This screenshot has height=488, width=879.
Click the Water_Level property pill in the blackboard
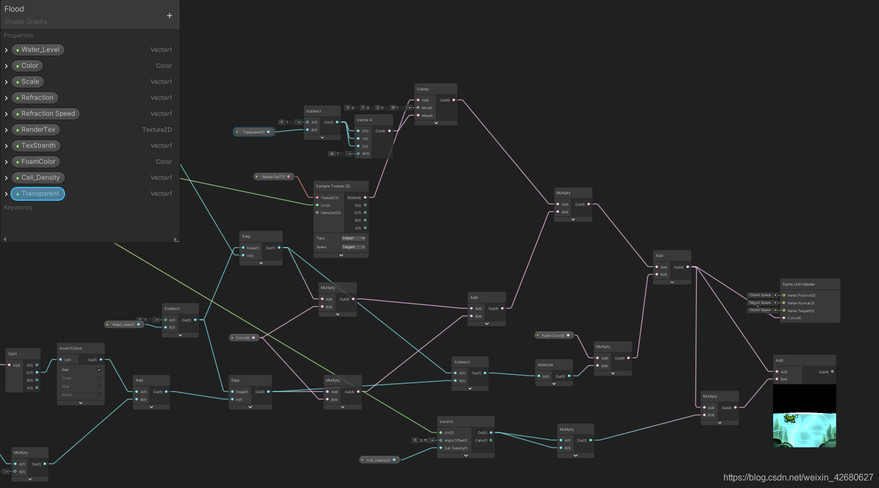click(38, 50)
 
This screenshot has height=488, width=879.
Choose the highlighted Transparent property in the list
click(38, 194)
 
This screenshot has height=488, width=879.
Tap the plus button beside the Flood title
click(169, 15)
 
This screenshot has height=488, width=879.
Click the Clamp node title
click(423, 89)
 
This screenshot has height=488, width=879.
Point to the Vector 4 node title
click(364, 120)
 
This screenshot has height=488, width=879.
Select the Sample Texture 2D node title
click(333, 186)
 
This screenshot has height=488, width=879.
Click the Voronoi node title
click(446, 422)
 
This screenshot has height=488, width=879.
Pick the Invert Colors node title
click(71, 348)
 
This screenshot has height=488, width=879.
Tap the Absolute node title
click(545, 365)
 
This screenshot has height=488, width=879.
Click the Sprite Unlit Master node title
click(798, 285)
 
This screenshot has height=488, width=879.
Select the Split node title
click(13, 354)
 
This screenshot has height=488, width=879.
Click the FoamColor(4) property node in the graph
click(554, 335)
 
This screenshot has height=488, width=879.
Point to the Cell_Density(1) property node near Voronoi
click(378, 460)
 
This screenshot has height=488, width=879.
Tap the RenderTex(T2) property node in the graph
click(274, 177)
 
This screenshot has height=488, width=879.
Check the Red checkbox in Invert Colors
click(99, 370)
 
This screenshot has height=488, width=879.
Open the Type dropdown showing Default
click(353, 238)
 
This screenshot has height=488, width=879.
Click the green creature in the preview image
click(791, 418)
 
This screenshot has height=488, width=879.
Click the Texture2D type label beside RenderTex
click(157, 130)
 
